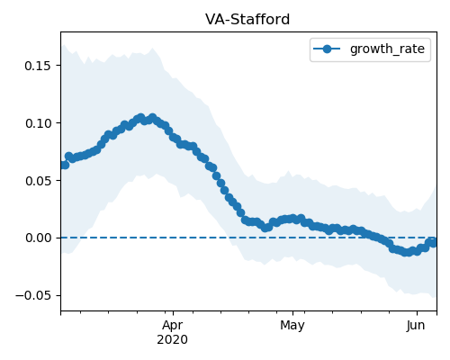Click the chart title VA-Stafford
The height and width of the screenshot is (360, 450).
click(x=247, y=20)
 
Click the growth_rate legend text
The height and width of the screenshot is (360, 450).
click(x=387, y=49)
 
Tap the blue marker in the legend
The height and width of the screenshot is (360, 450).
click(x=327, y=49)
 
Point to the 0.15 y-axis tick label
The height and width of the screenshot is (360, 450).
click(x=38, y=66)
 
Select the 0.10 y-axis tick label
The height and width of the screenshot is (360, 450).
click(x=38, y=123)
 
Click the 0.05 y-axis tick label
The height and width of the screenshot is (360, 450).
click(x=38, y=181)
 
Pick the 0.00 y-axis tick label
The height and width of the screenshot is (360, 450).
click(x=38, y=238)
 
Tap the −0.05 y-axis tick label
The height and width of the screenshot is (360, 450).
click(x=33, y=296)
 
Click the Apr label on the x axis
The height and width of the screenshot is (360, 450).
click(x=173, y=325)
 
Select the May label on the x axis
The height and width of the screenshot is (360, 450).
click(x=292, y=325)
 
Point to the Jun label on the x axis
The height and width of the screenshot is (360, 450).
click(x=417, y=325)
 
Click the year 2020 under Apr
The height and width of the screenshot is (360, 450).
click(x=173, y=340)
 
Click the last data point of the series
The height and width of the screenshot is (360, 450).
click(x=434, y=242)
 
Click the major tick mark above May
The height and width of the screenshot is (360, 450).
click(x=292, y=313)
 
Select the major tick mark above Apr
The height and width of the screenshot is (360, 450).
click(x=173, y=313)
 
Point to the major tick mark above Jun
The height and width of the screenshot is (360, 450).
click(x=417, y=313)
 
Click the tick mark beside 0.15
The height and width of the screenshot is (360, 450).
click(x=58, y=66)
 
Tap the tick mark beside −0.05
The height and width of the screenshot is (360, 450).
click(x=58, y=295)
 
